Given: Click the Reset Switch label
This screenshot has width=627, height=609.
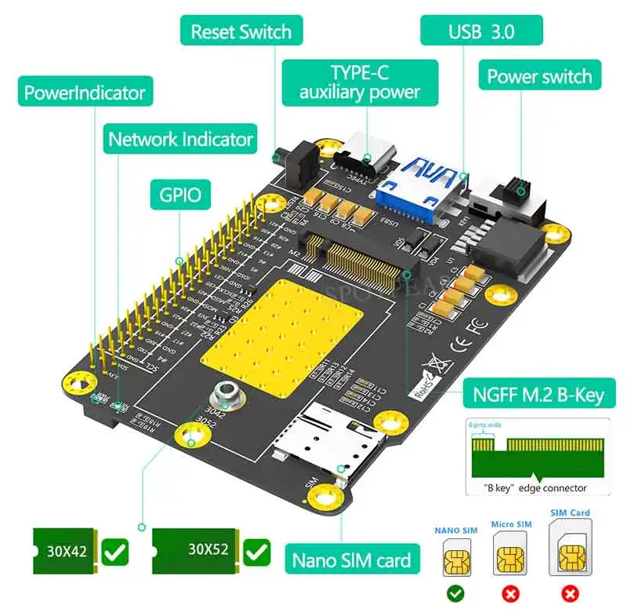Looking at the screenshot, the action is click(x=241, y=32).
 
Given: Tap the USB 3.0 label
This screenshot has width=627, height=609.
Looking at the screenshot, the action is click(x=482, y=32).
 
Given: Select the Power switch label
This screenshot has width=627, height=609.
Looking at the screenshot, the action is click(x=539, y=76).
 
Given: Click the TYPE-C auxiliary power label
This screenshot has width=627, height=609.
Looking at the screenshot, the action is click(x=358, y=82).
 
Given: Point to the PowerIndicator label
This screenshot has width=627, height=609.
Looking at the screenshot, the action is click(x=85, y=93).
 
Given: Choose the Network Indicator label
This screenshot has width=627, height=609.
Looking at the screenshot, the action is click(x=180, y=140).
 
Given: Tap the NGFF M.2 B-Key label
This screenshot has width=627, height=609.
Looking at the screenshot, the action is click(x=538, y=394).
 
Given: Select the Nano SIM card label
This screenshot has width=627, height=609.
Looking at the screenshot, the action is click(x=351, y=560).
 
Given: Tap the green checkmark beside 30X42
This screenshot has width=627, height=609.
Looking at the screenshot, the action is click(x=116, y=552).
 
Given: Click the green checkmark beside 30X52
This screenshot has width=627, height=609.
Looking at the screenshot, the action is click(x=256, y=552).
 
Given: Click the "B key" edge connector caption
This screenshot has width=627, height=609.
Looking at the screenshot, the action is click(x=537, y=488).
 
